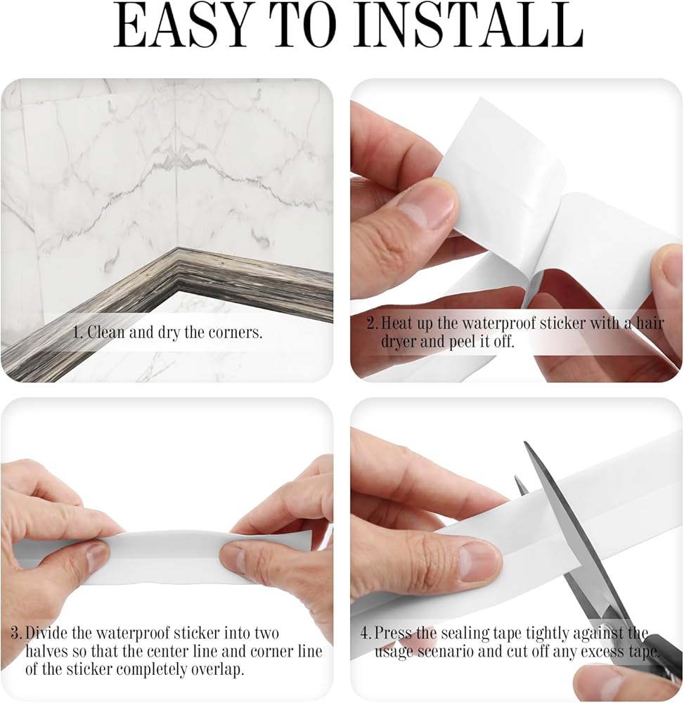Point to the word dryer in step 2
point(399,342)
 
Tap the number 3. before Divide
point(17,633)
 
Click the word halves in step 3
point(47,651)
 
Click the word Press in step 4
point(393,633)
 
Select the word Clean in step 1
point(106,333)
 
